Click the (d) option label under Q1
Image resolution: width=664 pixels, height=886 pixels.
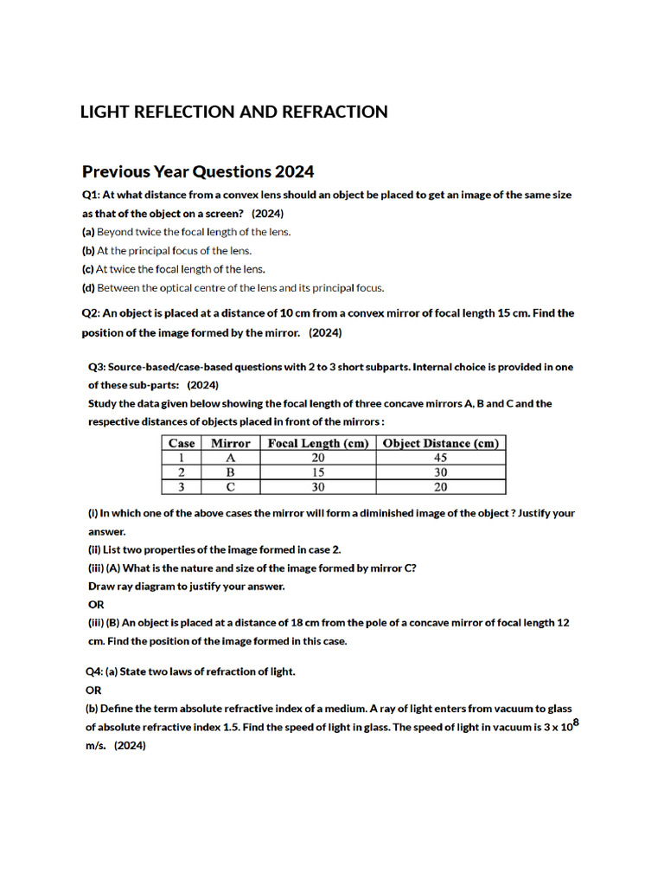88,288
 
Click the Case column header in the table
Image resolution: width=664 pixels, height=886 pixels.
182,443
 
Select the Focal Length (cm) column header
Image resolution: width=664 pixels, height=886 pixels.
318,443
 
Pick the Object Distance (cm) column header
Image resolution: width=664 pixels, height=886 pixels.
440,443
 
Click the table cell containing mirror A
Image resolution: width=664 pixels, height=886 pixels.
230,458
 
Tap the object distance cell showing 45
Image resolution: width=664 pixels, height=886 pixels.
440,458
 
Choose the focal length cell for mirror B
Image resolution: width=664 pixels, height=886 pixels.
318,472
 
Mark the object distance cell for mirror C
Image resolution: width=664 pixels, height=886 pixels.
440,487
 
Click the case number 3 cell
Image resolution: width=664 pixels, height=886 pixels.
182,487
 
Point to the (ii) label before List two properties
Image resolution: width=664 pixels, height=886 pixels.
94,549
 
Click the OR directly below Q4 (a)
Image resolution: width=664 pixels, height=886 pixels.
93,690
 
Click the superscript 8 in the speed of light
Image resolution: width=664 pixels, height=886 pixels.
576,721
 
